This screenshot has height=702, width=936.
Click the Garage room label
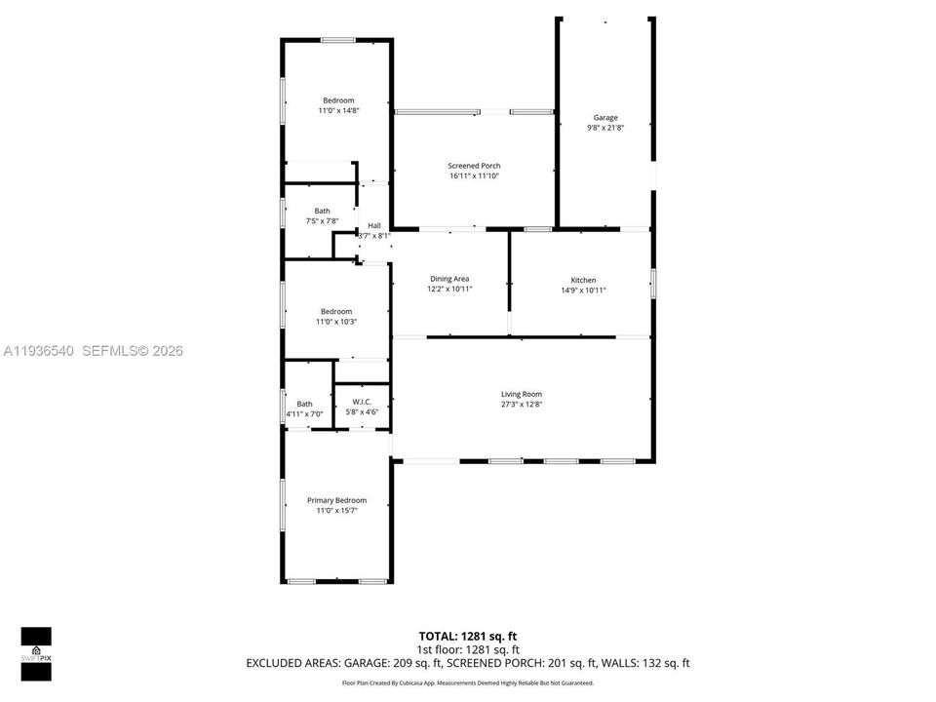pos(605,118)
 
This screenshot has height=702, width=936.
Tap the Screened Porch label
pos(475,166)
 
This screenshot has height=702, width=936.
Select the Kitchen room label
pos(583,280)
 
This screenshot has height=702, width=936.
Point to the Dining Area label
pos(449,279)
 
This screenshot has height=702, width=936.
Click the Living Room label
pos(522,394)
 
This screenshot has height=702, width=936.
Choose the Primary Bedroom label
pos(337,500)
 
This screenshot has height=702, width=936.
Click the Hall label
pos(374,225)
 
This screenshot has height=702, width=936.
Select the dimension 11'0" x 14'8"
pos(338,111)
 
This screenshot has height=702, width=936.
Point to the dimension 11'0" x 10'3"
pos(338,322)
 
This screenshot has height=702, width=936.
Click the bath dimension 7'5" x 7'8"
pos(322,221)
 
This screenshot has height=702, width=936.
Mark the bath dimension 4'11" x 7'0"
pos(304,414)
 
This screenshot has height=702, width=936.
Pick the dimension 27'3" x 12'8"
pos(522,405)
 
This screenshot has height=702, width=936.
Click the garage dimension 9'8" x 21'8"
pos(605,128)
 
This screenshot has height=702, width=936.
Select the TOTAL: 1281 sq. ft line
pos(468,636)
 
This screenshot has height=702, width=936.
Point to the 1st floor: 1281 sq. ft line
pos(468,649)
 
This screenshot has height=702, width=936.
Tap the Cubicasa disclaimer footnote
pos(468,683)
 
